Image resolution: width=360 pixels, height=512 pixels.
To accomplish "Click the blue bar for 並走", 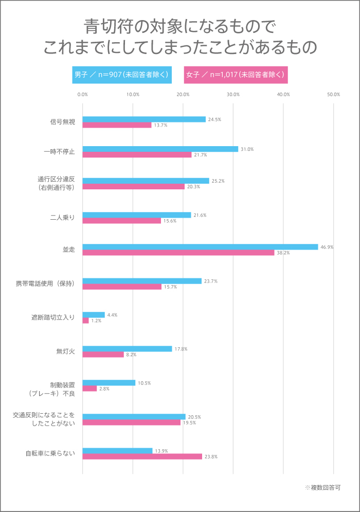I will [x=201, y=247].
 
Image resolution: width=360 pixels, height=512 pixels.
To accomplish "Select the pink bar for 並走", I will [x=178, y=253].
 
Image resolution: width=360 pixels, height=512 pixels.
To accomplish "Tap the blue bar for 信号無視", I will [x=144, y=119].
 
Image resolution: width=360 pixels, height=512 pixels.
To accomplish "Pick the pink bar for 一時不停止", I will [x=137, y=155].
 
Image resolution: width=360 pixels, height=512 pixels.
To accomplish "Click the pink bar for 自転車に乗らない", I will [x=142, y=456].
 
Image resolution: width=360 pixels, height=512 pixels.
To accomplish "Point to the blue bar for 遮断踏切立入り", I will [x=94, y=315].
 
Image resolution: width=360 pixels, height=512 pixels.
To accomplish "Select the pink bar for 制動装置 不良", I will [x=89, y=389].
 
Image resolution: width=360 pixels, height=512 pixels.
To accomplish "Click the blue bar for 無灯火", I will [x=127, y=349].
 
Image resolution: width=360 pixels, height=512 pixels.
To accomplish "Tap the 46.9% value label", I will [x=327, y=247].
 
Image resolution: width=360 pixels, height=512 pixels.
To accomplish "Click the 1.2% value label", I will [x=96, y=321].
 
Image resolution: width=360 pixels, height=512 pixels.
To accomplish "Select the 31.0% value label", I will [x=247, y=149].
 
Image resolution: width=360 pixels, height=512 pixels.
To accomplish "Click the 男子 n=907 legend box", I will [x=122, y=75].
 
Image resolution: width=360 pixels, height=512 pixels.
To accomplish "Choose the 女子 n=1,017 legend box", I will [x=236, y=75].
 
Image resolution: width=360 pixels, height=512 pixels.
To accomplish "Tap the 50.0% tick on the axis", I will [x=333, y=95].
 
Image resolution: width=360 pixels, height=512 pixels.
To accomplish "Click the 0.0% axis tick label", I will [x=82, y=95].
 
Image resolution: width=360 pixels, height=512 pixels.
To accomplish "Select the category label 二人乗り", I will [x=63, y=218].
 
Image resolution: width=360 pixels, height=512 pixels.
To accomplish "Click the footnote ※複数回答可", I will [x=322, y=487].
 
